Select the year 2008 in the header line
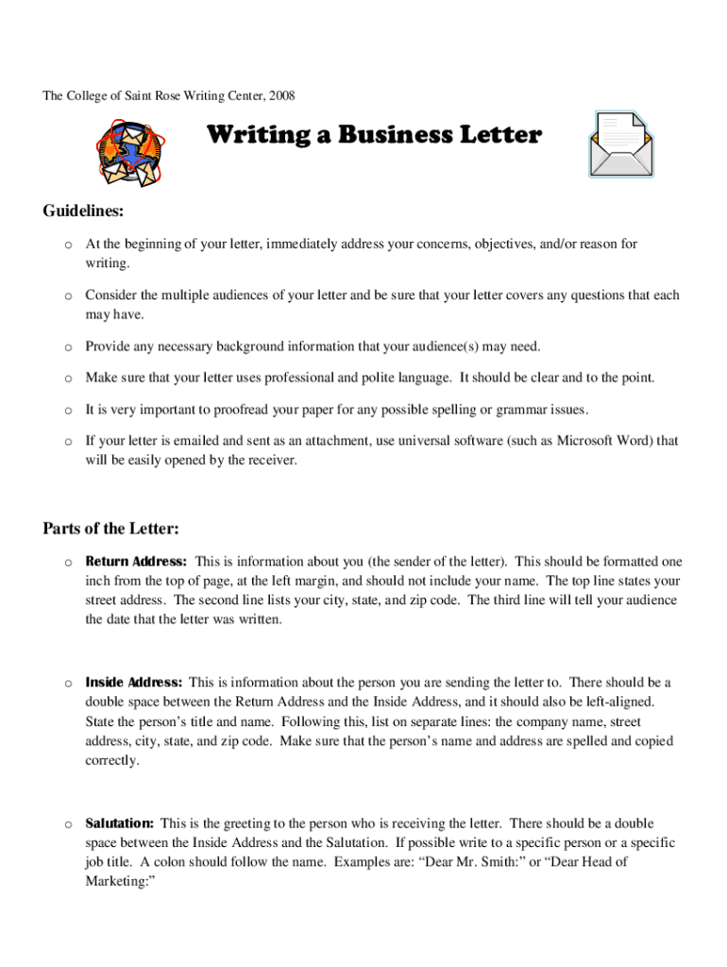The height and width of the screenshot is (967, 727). (x=281, y=96)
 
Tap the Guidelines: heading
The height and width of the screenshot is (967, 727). (x=84, y=210)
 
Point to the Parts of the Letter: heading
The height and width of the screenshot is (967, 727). (x=110, y=528)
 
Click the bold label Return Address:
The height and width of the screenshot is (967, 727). (x=136, y=561)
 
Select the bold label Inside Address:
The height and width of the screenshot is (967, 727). (x=133, y=682)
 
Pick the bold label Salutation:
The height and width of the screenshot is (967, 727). (x=121, y=823)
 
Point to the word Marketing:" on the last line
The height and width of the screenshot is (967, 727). (x=120, y=881)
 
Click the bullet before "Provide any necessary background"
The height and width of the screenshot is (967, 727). (x=68, y=348)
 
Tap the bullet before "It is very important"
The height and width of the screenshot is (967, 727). (x=68, y=411)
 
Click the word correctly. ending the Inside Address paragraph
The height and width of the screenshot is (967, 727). (x=112, y=760)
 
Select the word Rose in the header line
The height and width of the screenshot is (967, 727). (x=180, y=96)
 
